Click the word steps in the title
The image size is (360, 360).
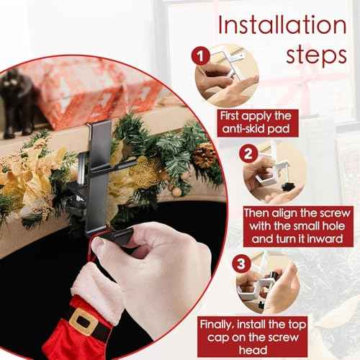(312, 55)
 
